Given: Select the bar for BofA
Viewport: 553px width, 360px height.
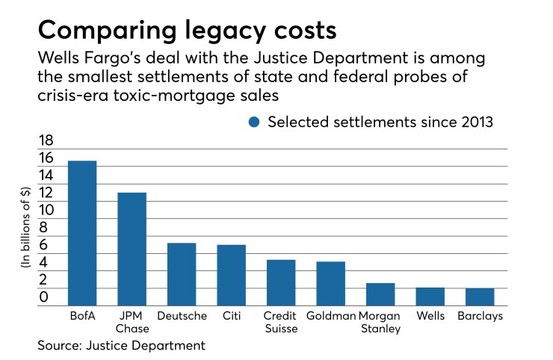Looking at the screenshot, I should pos(82,233).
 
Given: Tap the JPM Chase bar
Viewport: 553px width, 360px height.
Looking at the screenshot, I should pos(132,249).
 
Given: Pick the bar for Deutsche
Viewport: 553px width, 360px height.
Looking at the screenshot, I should pos(182,274).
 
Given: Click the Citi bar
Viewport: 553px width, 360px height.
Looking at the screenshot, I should pos(232,275).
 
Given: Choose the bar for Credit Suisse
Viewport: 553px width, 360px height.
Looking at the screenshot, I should pos(281,282).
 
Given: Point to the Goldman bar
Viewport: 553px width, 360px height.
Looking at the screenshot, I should pos(331,283).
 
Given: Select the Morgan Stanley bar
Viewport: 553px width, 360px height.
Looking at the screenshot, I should pos(380,294).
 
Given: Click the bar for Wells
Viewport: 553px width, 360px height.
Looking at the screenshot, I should pos(430,297).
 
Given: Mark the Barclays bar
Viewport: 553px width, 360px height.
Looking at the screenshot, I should pos(480,297).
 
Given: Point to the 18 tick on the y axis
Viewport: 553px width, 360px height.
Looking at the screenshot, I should pos(46,140).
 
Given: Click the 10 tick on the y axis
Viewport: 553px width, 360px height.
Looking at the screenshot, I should pos(46,210).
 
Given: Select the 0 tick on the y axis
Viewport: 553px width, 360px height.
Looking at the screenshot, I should pos(46,297).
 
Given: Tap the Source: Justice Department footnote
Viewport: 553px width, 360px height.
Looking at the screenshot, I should pos(121,346).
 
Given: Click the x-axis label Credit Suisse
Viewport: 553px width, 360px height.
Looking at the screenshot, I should pos(281,322).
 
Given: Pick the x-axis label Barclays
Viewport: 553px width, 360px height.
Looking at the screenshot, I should pos(480,316).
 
